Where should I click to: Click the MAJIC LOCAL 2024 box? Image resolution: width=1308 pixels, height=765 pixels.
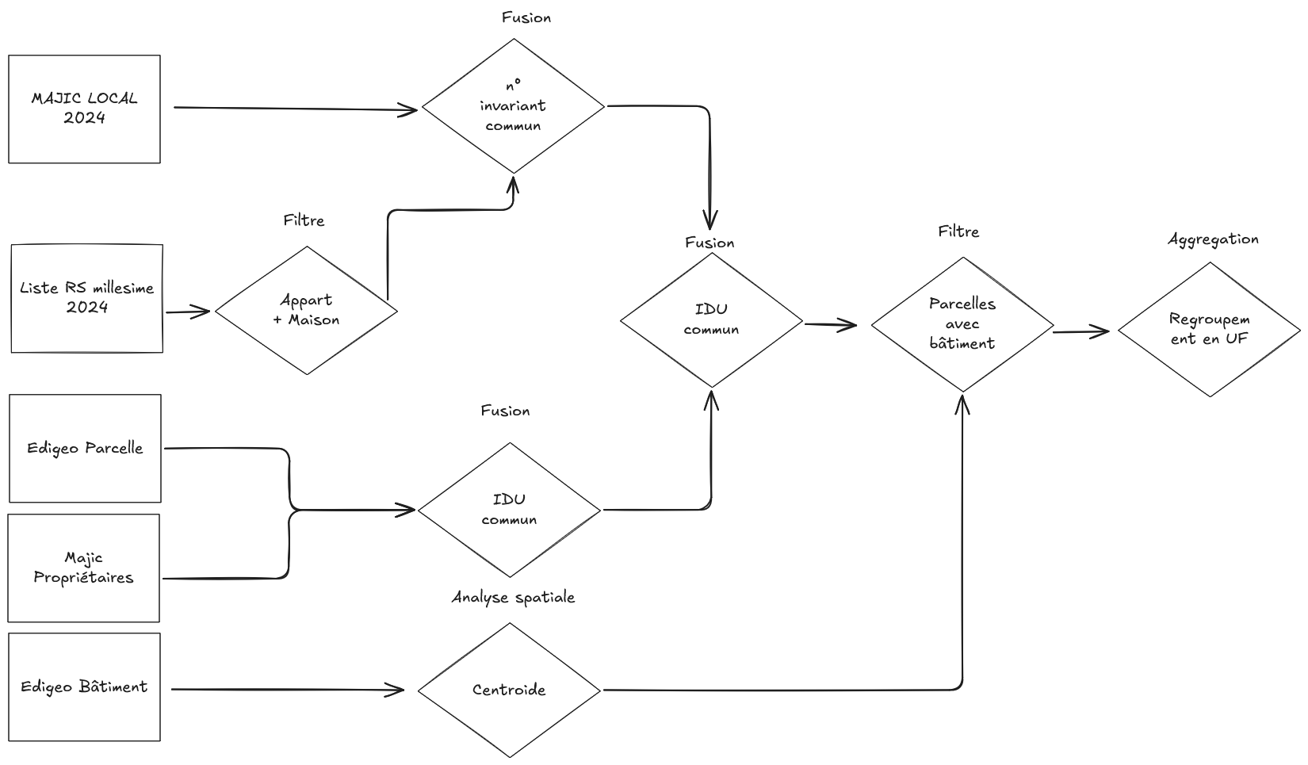pyautogui.click(x=84, y=109)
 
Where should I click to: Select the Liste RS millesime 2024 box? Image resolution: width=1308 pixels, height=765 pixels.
pyautogui.click(x=86, y=298)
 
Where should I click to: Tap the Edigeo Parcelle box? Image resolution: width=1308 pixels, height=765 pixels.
pyautogui.click(x=85, y=448)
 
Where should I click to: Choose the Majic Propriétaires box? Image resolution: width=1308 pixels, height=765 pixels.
pyautogui.click(x=83, y=568)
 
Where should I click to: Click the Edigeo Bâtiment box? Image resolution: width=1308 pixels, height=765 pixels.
pyautogui.click(x=84, y=687)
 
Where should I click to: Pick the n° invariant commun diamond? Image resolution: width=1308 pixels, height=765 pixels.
pyautogui.click(x=513, y=105)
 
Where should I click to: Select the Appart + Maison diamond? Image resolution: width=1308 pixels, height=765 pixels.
pyautogui.click(x=306, y=310)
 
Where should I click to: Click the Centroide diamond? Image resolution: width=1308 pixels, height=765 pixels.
pyautogui.click(x=509, y=690)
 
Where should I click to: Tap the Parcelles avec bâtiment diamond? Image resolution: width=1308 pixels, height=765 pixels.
pyautogui.click(x=962, y=323)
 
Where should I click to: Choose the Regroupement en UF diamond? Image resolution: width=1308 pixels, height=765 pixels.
pyautogui.click(x=1209, y=329)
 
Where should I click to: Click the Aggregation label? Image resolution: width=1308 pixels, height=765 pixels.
pyautogui.click(x=1213, y=239)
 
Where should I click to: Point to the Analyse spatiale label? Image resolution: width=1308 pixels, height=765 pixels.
pyautogui.click(x=513, y=597)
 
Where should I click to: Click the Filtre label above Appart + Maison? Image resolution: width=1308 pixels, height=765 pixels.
pyautogui.click(x=304, y=220)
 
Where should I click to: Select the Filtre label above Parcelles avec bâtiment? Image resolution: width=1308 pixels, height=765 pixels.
pyautogui.click(x=958, y=231)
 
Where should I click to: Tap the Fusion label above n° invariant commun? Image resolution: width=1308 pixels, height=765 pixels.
pyautogui.click(x=526, y=17)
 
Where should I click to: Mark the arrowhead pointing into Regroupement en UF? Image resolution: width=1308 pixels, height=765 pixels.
pyautogui.click(x=1102, y=332)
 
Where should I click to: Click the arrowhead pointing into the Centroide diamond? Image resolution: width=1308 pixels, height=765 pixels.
pyautogui.click(x=397, y=690)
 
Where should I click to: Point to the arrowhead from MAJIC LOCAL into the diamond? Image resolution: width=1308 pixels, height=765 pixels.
pyautogui.click(x=410, y=110)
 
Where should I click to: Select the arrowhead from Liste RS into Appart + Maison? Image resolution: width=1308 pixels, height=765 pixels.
pyautogui.click(x=203, y=312)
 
